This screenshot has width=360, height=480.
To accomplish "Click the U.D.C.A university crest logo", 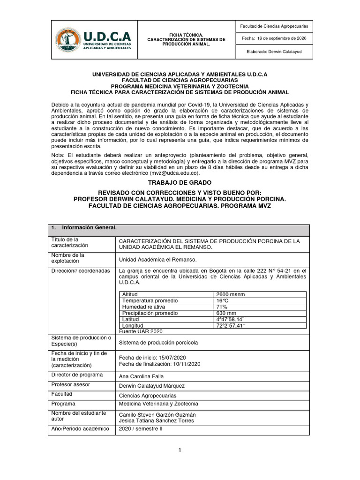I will tap(68, 40).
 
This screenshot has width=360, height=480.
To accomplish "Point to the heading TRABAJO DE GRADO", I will tap(180, 182).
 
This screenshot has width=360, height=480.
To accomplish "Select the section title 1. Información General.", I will tap(84, 228).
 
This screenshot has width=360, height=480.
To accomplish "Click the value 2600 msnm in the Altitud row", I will tap(230, 294).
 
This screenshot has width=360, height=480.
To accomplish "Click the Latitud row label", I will tap(132, 319).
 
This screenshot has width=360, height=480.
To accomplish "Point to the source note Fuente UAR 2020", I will tap(141, 331).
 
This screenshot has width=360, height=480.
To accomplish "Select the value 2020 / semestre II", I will tap(141, 429).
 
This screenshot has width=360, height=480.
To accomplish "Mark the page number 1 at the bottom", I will tap(179, 450).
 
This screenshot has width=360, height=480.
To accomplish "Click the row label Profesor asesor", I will tap(70, 384).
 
